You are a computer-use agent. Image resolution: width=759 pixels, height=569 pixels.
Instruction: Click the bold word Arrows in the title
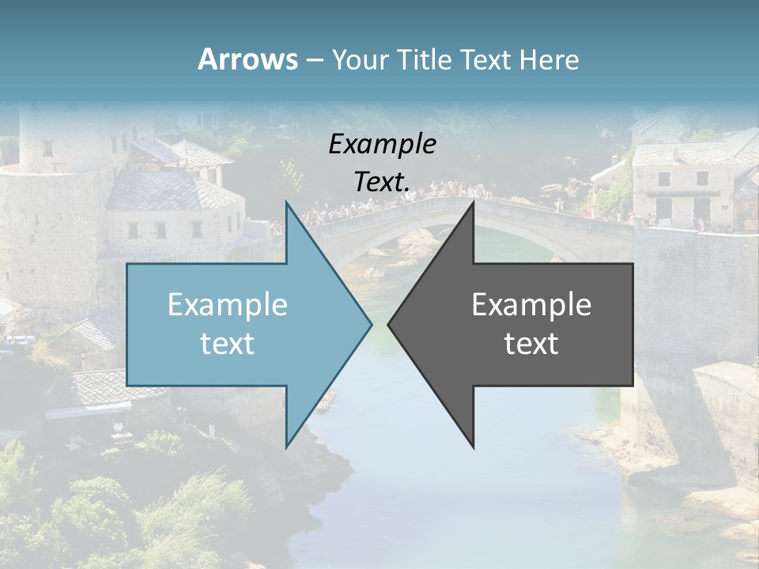click(x=247, y=59)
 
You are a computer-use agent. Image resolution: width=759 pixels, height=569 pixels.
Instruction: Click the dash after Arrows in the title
click(x=314, y=60)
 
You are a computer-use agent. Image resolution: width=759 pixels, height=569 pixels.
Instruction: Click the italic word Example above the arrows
click(x=383, y=144)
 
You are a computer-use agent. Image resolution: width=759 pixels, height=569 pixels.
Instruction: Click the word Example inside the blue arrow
click(x=228, y=305)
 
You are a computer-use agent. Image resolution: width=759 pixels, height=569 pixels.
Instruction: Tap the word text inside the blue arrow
click(x=228, y=344)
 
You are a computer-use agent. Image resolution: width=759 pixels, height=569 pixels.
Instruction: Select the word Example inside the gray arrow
click(x=531, y=305)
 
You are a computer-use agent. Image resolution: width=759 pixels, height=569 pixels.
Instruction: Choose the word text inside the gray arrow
click(x=531, y=344)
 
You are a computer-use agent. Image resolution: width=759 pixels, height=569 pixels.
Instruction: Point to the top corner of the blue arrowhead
click(x=287, y=203)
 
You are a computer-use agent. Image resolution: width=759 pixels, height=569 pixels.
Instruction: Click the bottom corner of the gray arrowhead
click(x=473, y=447)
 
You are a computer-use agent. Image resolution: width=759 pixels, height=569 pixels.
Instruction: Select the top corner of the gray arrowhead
click(x=473, y=203)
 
